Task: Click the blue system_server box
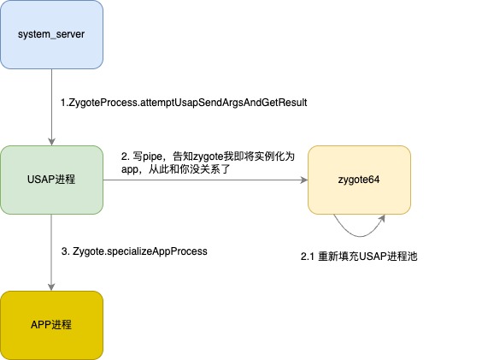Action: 51,34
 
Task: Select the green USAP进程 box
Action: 51,180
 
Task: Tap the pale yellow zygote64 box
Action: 359,180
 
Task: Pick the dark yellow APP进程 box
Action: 51,326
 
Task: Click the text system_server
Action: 51,34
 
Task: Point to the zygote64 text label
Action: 359,180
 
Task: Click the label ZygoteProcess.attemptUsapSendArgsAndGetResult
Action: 184,103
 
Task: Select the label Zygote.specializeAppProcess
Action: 134,251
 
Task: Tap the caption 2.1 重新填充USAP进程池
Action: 359,257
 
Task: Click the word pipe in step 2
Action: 152,156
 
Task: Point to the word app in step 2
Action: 129,169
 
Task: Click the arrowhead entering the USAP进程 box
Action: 51,142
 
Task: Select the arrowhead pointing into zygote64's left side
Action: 303,180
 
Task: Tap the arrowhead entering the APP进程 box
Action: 51,287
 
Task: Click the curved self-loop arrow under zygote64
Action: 360,236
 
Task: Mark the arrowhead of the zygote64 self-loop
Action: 382,218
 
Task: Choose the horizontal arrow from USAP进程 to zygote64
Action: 205,180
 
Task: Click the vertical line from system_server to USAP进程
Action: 51,107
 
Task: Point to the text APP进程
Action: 51,325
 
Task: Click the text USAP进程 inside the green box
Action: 51,180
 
